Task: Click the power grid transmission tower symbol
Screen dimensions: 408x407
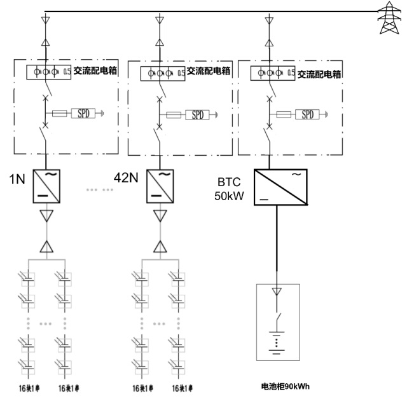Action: pyautogui.click(x=387, y=18)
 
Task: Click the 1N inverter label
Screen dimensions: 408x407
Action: pyautogui.click(x=17, y=180)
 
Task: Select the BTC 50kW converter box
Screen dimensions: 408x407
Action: pyautogui.click(x=280, y=187)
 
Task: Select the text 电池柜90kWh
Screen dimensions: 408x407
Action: pyautogui.click(x=285, y=386)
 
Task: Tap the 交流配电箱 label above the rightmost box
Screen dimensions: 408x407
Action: pyautogui.click(x=319, y=74)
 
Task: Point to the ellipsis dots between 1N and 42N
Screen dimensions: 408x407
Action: pyautogui.click(x=98, y=189)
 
